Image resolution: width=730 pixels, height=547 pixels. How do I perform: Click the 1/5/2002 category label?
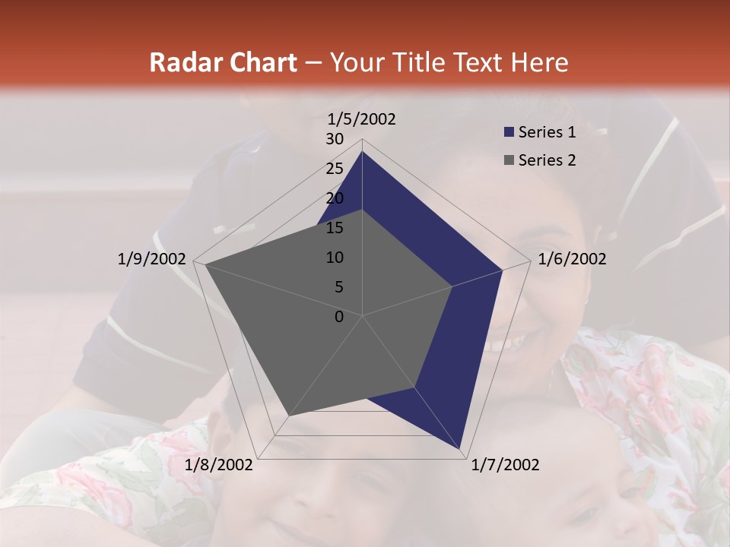point(361,119)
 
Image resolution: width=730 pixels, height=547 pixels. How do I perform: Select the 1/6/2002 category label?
point(572,259)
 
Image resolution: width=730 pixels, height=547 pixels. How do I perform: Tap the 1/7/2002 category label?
point(505,465)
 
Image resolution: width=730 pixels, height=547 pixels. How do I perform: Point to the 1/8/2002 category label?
point(219,465)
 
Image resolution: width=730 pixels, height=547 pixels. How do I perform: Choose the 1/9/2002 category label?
point(151,259)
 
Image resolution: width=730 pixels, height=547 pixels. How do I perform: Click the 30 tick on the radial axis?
point(335,139)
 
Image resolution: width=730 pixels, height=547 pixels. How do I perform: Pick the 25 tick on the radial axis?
point(335,169)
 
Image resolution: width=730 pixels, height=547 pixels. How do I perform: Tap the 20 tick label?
point(335,198)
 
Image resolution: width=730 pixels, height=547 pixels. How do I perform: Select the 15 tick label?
point(335,228)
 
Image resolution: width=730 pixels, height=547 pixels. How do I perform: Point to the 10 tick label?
point(335,258)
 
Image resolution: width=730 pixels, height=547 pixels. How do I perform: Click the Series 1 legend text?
point(547,132)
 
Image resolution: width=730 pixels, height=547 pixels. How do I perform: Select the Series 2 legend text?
point(547,160)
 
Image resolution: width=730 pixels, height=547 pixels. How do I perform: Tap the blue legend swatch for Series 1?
point(509,132)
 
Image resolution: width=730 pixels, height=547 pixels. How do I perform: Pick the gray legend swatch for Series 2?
point(509,160)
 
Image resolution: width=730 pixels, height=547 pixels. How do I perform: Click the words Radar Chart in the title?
point(223,62)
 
